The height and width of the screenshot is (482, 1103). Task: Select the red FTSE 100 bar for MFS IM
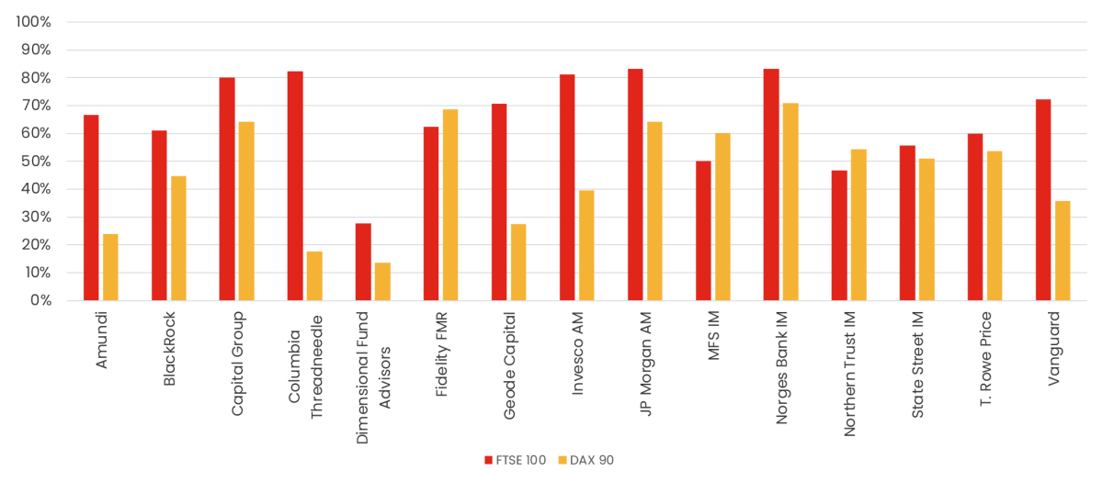(x=703, y=230)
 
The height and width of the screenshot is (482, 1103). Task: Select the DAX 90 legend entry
(x=586, y=460)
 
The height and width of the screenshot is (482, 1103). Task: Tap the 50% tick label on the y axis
(x=36, y=162)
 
